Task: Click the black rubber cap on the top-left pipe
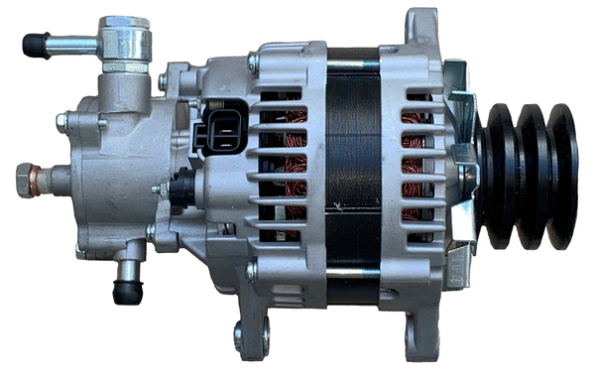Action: [x=36, y=44]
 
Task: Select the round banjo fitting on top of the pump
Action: [x=125, y=39]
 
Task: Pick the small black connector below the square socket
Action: [x=182, y=187]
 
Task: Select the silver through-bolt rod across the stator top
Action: [x=352, y=65]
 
